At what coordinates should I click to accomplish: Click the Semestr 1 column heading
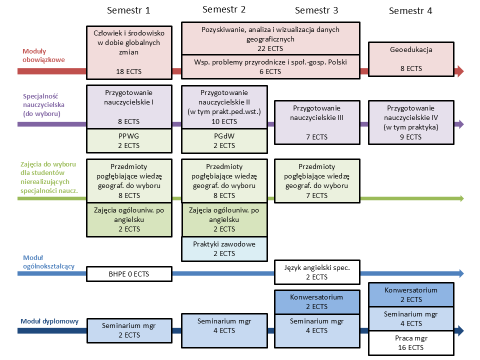(x=128, y=10)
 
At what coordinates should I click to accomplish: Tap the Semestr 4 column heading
(x=410, y=11)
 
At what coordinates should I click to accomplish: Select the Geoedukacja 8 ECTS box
(x=411, y=59)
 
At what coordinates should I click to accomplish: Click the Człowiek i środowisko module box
(x=129, y=52)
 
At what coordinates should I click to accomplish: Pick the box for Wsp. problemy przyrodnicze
(x=270, y=66)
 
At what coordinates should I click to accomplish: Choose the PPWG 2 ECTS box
(x=129, y=141)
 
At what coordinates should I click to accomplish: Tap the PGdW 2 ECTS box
(x=224, y=141)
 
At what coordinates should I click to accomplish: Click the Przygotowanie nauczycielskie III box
(x=317, y=122)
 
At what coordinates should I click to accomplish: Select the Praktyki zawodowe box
(x=224, y=249)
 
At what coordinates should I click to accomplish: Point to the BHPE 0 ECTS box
(x=129, y=274)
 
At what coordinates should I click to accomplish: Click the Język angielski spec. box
(x=317, y=272)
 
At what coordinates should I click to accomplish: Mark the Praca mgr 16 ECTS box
(x=411, y=343)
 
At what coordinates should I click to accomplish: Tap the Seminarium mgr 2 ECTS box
(x=129, y=330)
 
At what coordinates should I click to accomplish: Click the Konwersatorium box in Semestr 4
(x=411, y=295)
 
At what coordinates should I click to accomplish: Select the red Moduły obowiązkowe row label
(x=44, y=55)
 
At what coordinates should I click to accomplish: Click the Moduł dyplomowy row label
(x=49, y=321)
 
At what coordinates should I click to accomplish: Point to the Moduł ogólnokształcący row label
(x=48, y=262)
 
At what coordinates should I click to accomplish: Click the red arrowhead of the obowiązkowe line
(x=460, y=71)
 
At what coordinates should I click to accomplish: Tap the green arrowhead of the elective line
(x=461, y=198)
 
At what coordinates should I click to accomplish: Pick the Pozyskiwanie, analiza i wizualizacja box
(x=270, y=38)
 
